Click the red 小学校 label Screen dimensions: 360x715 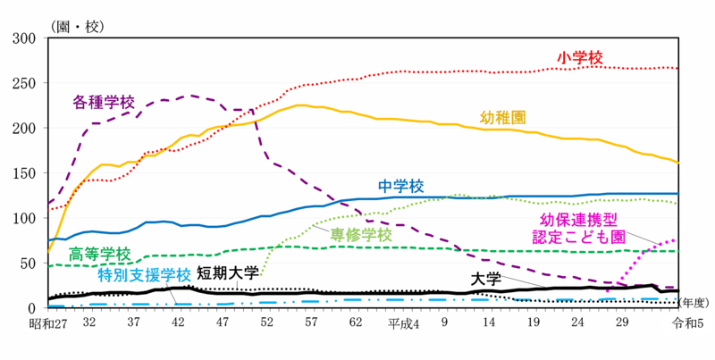(579, 57)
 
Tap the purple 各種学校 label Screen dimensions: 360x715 (103, 101)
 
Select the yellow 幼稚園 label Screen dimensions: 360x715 (502, 117)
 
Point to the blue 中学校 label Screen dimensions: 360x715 (400, 186)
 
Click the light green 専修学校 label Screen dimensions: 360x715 (361, 234)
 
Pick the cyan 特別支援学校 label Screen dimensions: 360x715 (144, 274)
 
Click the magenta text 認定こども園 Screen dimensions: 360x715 (578, 236)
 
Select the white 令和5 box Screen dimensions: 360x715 (687, 323)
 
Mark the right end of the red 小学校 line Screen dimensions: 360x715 (676, 68)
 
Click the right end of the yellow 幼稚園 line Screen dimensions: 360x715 (680, 163)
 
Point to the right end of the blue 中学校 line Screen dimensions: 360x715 (679, 193)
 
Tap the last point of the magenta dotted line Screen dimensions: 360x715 (674, 239)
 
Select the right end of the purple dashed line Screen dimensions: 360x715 (676, 288)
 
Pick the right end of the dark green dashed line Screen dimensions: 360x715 (679, 251)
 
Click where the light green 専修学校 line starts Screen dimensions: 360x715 (261, 274)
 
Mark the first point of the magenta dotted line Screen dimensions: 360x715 (607, 292)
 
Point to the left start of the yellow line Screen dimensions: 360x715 (49, 251)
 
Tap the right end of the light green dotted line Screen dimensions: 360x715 (677, 203)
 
